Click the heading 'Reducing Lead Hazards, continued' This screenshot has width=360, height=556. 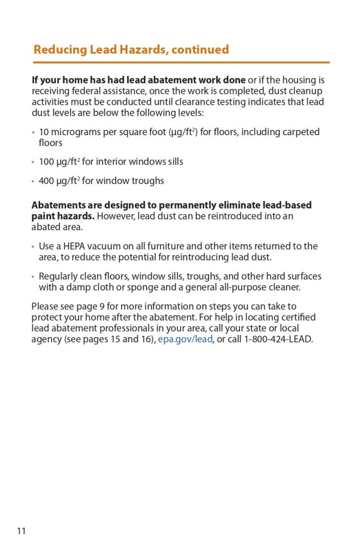click(x=131, y=50)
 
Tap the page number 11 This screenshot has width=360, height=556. click(x=21, y=530)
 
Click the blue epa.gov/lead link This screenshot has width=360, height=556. click(x=185, y=340)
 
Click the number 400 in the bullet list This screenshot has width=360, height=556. click(x=46, y=181)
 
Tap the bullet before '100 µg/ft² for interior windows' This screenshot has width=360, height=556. click(x=33, y=162)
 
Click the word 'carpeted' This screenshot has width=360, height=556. click(x=300, y=132)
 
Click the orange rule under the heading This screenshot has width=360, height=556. click(x=180, y=62)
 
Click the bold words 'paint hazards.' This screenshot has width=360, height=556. click(x=63, y=216)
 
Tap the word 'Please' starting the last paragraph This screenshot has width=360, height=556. click(x=45, y=306)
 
